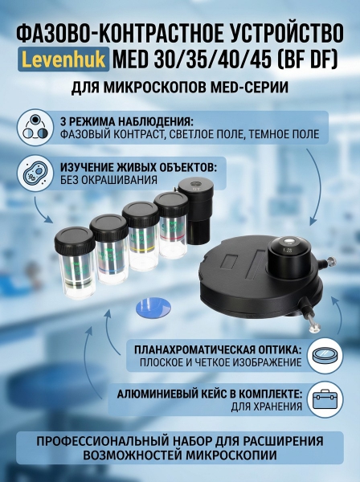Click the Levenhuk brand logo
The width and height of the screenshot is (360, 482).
pos(63,59)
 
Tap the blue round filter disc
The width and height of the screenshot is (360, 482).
pos(153,307)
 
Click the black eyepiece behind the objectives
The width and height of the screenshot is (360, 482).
pos(194,211)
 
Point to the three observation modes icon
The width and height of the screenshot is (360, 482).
pos(35,127)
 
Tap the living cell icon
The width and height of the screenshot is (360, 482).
pos(35,174)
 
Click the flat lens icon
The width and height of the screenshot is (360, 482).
pos(325,356)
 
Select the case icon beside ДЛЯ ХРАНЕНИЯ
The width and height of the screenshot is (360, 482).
pos(325,399)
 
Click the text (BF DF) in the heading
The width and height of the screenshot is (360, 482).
pos(306,60)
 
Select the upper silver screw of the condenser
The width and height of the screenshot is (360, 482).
pos(331,262)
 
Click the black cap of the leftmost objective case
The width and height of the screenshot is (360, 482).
pos(75,239)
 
